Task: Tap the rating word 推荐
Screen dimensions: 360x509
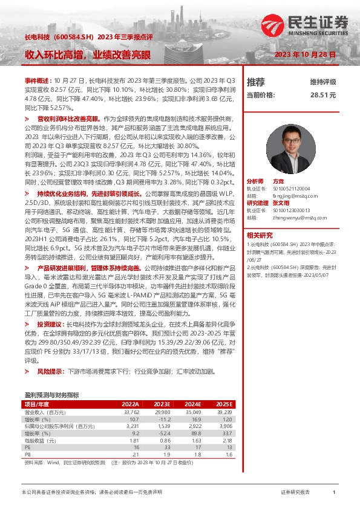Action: [x=256, y=82]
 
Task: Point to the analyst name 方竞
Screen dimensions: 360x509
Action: [x=278, y=181]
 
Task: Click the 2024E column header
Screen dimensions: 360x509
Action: [x=192, y=404]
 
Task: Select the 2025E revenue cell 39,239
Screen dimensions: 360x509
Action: [x=224, y=411]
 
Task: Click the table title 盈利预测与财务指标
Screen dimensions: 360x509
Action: [x=51, y=395]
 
